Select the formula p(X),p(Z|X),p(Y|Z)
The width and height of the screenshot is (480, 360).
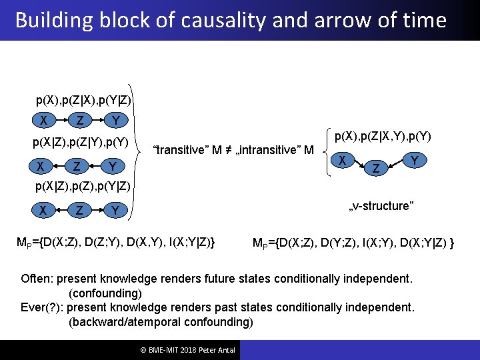(x=83, y=101)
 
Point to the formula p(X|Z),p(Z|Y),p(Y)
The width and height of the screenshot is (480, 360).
(x=81, y=142)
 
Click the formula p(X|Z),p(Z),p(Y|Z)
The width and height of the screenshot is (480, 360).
(x=82, y=185)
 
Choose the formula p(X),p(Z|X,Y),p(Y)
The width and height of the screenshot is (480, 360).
(x=383, y=137)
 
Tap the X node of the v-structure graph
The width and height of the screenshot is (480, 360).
(x=341, y=160)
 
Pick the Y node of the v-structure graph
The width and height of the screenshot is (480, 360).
(x=415, y=160)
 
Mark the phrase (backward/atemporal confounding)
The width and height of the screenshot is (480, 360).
(x=161, y=323)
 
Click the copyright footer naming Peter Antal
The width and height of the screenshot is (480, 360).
(x=184, y=350)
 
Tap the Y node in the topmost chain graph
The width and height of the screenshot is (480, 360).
(x=116, y=121)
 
